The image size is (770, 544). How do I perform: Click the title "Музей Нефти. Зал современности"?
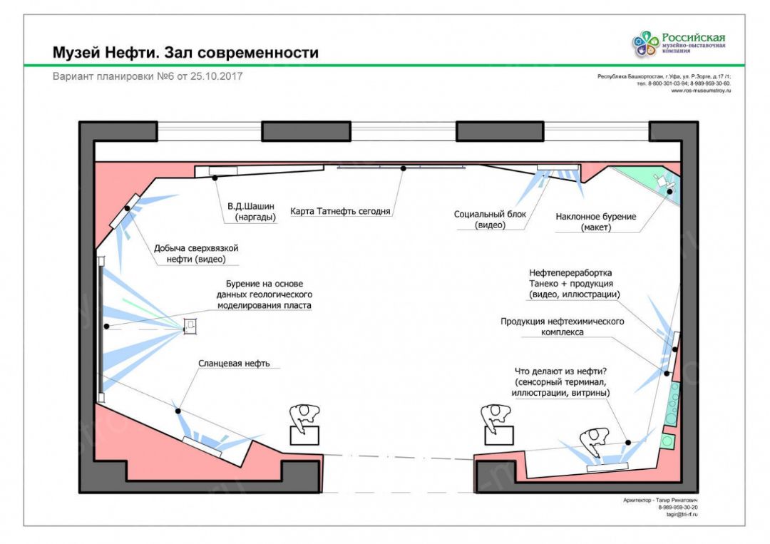pos(185,53)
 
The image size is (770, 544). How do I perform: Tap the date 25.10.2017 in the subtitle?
pos(216,76)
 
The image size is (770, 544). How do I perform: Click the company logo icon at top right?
pos(645,44)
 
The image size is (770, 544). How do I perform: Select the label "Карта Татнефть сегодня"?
pos(340,211)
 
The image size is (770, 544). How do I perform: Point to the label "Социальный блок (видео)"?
pos(490,220)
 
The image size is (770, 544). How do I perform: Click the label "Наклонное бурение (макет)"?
pos(596,222)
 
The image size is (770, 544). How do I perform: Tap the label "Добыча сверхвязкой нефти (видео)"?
pos(195,253)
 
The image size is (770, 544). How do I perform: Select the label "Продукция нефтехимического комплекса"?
pos(562,327)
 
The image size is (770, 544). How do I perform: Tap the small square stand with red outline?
pos(190,326)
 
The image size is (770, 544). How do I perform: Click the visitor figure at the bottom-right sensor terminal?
pos(594,441)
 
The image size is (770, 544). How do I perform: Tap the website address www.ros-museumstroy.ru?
pos(702,91)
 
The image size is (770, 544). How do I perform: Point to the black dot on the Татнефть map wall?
pos(403,168)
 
